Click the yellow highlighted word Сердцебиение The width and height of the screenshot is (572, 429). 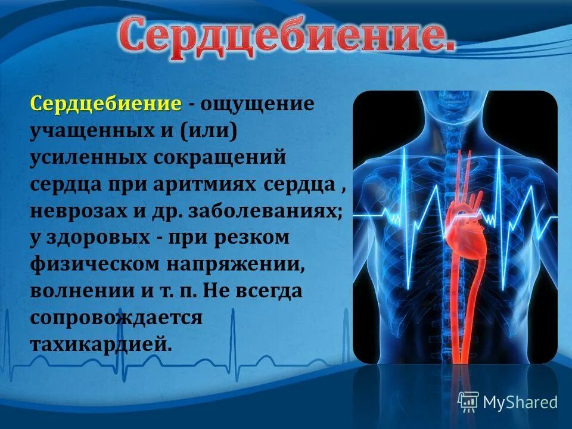pos(106,104)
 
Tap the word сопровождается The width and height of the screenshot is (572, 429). pos(117,318)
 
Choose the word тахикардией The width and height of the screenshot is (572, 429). pos(101,344)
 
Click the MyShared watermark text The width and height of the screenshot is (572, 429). pos(520,402)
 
